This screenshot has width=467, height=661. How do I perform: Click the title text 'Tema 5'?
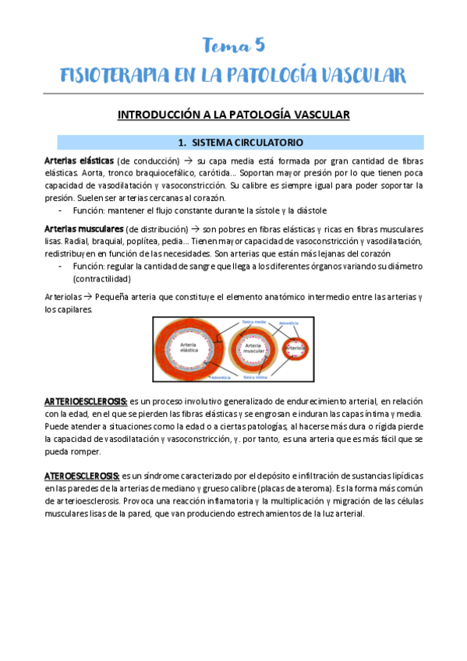tap(234, 46)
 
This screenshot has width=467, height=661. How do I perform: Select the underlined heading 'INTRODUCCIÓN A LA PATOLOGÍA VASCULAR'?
tap(233, 115)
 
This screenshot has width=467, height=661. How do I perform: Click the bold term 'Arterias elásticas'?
tap(79, 161)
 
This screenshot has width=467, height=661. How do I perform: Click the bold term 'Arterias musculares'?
tap(83, 229)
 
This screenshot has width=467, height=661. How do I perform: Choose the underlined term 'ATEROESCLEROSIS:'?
tap(82, 475)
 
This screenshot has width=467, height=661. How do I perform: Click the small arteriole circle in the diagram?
tap(295, 348)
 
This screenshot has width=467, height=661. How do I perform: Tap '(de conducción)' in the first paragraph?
tap(148, 161)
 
